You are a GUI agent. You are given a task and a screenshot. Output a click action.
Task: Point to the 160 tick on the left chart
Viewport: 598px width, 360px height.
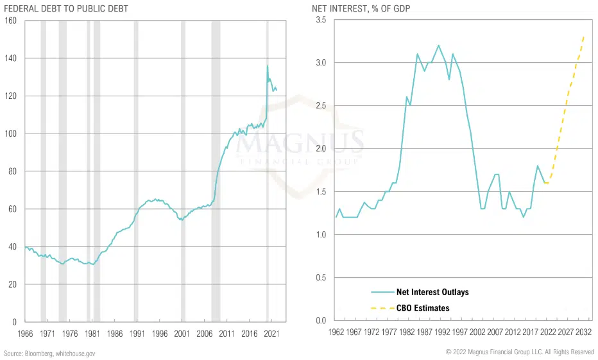point(10,21)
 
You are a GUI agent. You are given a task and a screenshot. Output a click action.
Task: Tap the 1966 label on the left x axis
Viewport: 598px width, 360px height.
point(26,334)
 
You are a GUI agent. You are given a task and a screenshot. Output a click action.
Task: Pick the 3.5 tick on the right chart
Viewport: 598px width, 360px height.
point(321,21)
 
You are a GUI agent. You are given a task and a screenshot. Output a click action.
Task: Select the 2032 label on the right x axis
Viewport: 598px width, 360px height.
point(583,332)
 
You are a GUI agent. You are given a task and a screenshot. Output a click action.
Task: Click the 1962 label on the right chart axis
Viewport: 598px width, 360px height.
point(336,332)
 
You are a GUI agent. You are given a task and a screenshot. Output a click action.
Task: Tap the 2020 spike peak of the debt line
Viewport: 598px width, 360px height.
point(268,65)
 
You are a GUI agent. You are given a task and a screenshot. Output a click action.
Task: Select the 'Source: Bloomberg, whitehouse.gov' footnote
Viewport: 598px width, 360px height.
point(50,354)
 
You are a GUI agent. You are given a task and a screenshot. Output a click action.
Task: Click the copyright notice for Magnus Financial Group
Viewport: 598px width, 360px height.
point(520,352)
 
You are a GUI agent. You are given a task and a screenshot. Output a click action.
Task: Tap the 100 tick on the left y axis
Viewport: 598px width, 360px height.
point(10,133)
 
